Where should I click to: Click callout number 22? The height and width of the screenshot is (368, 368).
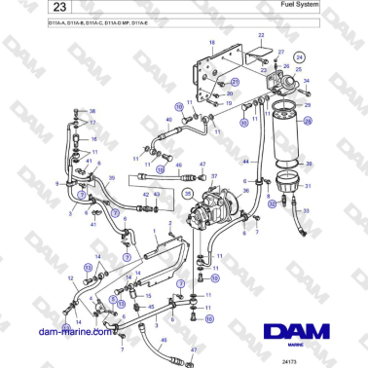(261, 36)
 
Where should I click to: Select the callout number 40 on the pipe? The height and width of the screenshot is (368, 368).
(168, 121)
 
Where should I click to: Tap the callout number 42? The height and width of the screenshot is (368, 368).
(144, 195)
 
